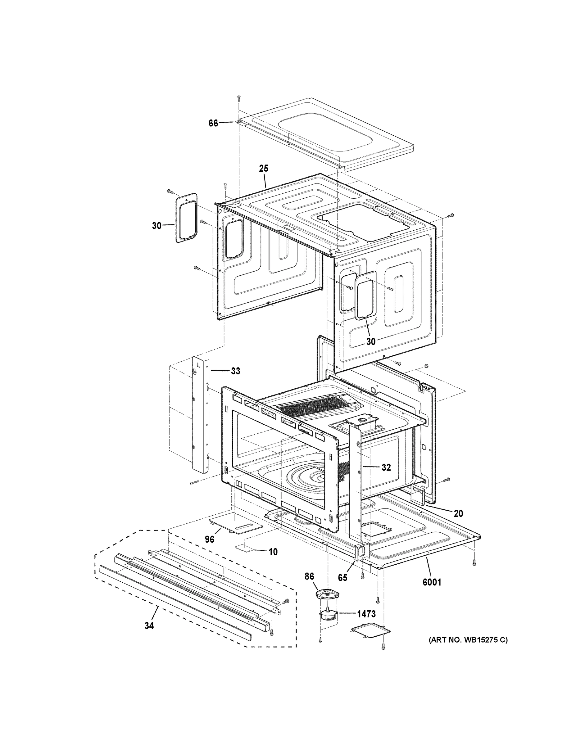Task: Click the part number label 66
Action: (x=213, y=123)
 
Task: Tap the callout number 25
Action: (x=263, y=168)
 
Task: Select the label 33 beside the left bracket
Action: (x=235, y=371)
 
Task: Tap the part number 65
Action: (x=342, y=578)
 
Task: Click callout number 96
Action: (x=210, y=539)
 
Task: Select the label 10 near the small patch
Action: (x=273, y=552)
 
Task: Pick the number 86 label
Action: (x=309, y=577)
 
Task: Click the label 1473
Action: (x=366, y=614)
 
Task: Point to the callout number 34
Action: (x=149, y=625)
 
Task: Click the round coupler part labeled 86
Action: (x=327, y=594)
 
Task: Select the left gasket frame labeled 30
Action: (x=187, y=218)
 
